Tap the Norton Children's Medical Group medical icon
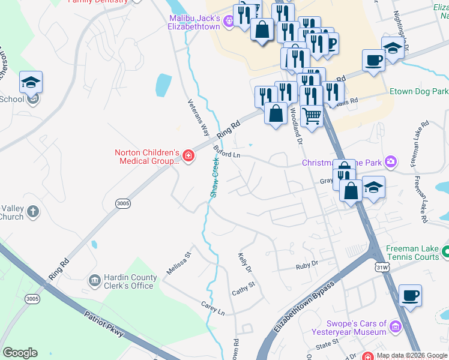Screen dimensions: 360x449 pyautogui.click(x=188, y=157)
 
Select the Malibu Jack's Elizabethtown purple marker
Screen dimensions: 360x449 pyautogui.click(x=229, y=23)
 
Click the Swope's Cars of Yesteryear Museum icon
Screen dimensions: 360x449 pyautogui.click(x=396, y=327)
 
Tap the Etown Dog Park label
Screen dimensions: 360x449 pyautogui.click(x=418, y=92)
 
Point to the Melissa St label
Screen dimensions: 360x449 pyautogui.click(x=178, y=263)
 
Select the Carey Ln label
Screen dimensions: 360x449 pyautogui.click(x=212, y=308)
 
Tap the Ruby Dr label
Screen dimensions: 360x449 pyautogui.click(x=306, y=265)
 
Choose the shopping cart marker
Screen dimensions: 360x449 pyautogui.click(x=312, y=115)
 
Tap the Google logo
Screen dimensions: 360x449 pyautogui.click(x=20, y=353)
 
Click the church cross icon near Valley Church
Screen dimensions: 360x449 pyautogui.click(x=34, y=211)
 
